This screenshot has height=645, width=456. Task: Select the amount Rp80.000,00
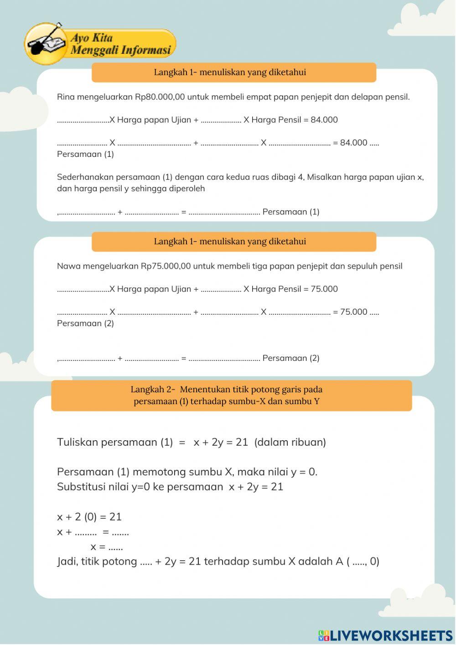click(x=160, y=97)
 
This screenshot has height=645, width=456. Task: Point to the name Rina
click(x=66, y=97)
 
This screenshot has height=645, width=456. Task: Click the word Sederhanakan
click(x=85, y=177)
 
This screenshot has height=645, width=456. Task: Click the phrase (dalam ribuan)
click(x=290, y=442)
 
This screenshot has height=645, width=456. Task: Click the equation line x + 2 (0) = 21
click(x=89, y=517)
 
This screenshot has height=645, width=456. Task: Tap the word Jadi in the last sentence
click(x=67, y=562)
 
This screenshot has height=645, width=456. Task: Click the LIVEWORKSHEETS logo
click(x=385, y=635)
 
